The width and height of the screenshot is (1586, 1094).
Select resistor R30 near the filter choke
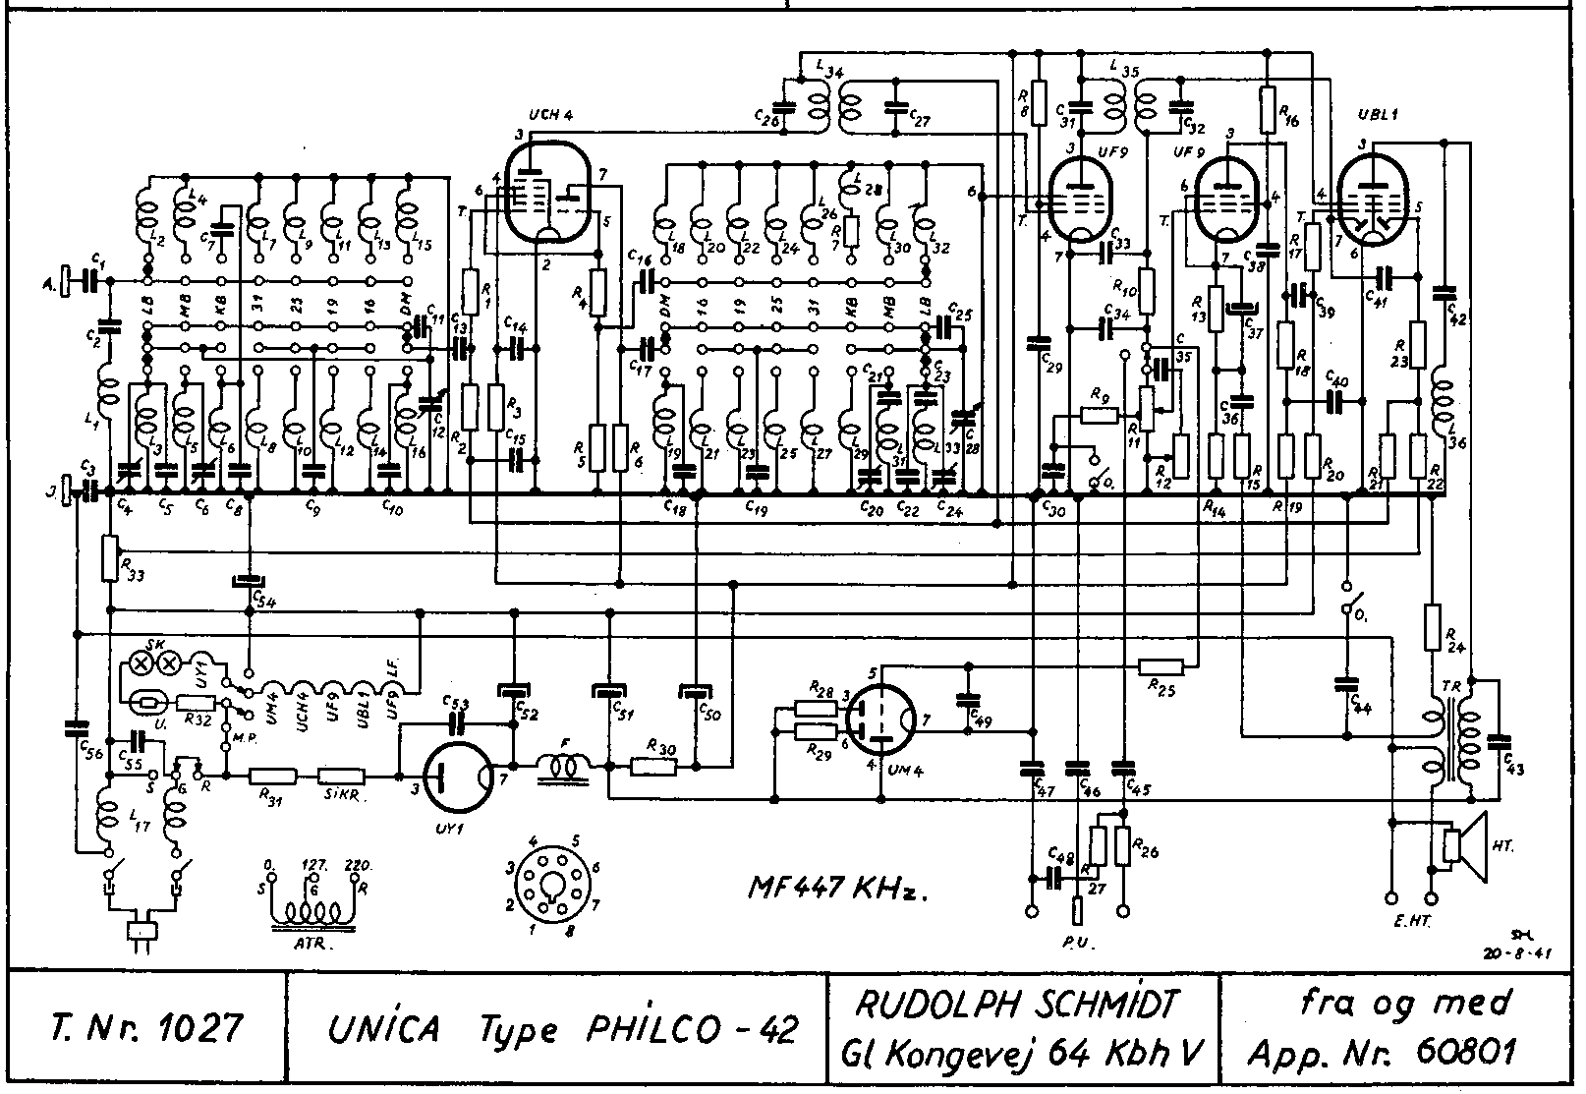(x=653, y=765)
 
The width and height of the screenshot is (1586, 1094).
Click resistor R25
(x=1167, y=667)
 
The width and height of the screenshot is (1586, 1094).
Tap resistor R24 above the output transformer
(x=1432, y=627)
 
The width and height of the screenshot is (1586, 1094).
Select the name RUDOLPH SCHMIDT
(x=1019, y=1005)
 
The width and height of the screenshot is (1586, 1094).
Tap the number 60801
(x=1468, y=1052)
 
